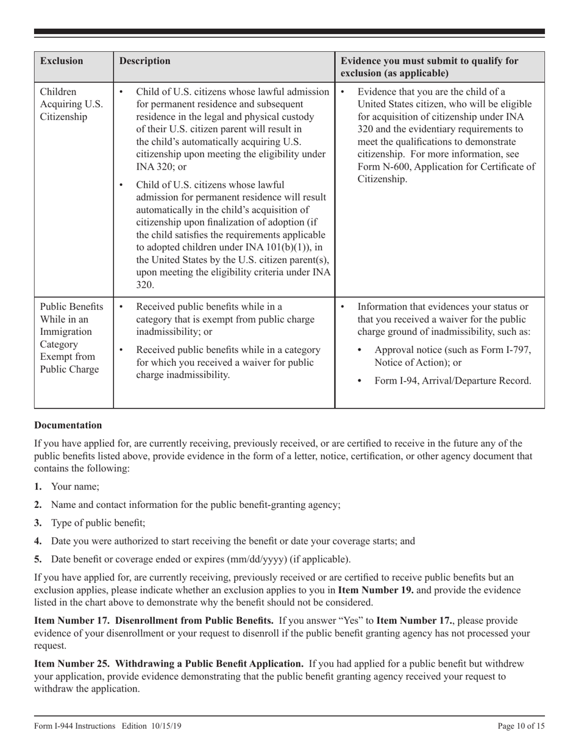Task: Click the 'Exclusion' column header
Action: pos(62,61)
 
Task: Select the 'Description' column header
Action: pos(145,61)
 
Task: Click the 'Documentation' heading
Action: pos(68,425)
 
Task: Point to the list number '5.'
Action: pos(38,559)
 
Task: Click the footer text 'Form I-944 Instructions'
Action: pos(74,726)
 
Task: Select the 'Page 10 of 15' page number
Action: pos(521,726)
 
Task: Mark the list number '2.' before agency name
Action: pos(38,505)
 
